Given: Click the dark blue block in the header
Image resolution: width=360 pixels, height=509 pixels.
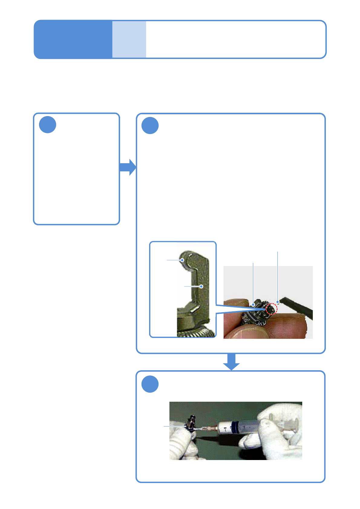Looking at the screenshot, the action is tap(73, 39).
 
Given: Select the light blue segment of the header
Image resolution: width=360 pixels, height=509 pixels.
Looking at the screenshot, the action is tap(129, 39).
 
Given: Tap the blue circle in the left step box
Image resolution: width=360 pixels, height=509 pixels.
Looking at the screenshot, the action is tap(47, 125).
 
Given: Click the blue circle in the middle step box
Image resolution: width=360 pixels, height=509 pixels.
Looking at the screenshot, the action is tap(150, 125).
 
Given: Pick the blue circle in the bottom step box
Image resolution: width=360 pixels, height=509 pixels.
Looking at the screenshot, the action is tap(150, 384).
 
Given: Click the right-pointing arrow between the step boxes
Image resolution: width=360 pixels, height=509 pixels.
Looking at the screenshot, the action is tap(128, 167).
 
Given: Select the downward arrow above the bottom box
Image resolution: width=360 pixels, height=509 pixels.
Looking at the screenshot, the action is tap(231, 361).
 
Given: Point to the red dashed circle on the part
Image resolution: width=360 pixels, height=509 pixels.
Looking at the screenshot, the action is tap(272, 309).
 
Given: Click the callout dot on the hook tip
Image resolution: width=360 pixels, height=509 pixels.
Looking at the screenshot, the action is tap(182, 260).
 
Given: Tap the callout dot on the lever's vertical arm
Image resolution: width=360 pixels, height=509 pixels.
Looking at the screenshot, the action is tap(201, 286).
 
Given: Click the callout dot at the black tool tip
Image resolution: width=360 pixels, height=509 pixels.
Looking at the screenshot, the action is tap(278, 302).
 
